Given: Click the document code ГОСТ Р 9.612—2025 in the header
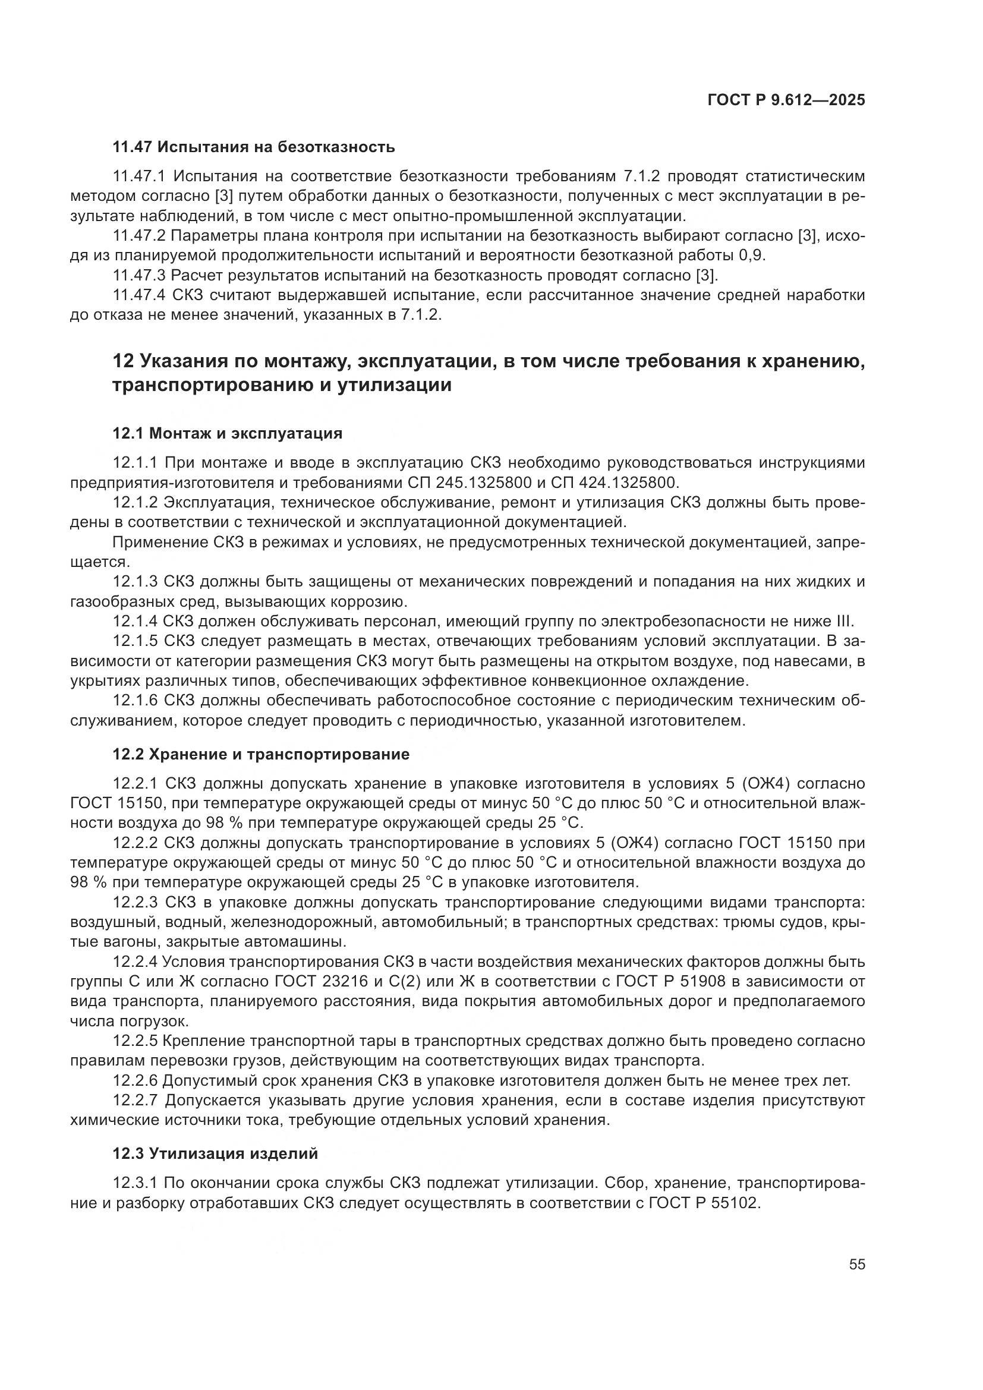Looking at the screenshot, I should (x=786, y=100).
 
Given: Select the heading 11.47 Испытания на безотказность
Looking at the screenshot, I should (x=254, y=147).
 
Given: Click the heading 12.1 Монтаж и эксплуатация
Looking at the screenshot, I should (x=227, y=433).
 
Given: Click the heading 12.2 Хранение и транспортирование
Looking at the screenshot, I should (x=261, y=754).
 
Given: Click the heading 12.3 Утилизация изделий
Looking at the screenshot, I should (x=215, y=1154).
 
